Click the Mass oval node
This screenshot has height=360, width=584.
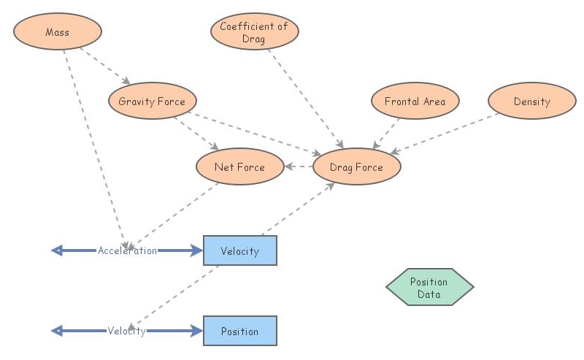58,32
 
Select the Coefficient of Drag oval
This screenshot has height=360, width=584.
254,32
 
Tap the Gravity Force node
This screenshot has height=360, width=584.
152,102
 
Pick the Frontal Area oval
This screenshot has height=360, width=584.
415,102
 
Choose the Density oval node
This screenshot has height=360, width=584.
531,102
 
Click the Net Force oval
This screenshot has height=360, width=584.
239,167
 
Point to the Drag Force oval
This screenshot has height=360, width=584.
356,167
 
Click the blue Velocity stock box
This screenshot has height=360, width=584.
239,250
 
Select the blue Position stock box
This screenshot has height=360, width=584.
239,331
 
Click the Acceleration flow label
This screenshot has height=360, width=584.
127,250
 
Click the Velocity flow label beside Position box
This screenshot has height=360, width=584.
127,331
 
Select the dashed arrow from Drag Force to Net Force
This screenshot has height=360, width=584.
299,167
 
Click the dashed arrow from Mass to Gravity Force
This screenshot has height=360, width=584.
106,66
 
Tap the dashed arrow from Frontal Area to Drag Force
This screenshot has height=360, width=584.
388,132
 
